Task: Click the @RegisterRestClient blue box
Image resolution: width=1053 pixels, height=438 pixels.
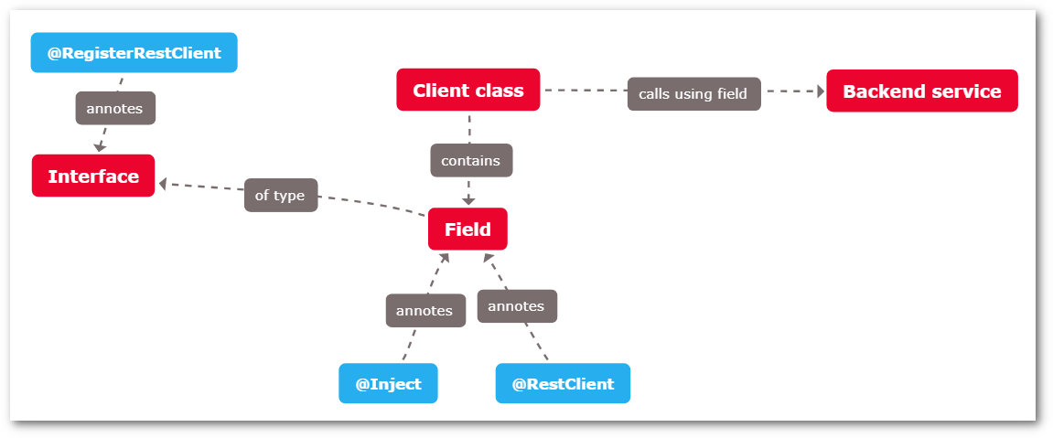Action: pyautogui.click(x=134, y=53)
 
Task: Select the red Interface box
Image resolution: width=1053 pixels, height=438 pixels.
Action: pyautogui.click(x=93, y=176)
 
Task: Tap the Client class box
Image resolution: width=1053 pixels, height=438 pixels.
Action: pyautogui.click(x=467, y=90)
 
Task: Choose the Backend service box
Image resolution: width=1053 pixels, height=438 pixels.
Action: pyautogui.click(x=921, y=91)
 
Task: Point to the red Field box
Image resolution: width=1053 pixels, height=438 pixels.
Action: pyautogui.click(x=467, y=229)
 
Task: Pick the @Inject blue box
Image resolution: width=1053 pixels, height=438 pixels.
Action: pyautogui.click(x=388, y=383)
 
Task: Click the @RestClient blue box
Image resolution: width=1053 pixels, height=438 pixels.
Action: pyautogui.click(x=563, y=383)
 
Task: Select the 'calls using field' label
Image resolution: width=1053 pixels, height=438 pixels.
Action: pyautogui.click(x=693, y=93)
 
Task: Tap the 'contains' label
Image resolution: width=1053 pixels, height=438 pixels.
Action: pyautogui.click(x=471, y=160)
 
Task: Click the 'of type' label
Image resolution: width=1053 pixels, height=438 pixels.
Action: pyautogui.click(x=280, y=195)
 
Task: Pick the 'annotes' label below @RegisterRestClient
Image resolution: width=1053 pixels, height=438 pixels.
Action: pyautogui.click(x=114, y=108)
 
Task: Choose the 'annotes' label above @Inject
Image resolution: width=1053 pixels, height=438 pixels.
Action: pyautogui.click(x=424, y=310)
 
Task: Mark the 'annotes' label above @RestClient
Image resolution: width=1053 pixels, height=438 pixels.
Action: pyautogui.click(x=517, y=305)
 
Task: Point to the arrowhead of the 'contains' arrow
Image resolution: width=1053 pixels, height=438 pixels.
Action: pyautogui.click(x=468, y=199)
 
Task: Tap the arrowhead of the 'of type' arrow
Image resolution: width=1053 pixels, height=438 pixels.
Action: pyautogui.click(x=164, y=184)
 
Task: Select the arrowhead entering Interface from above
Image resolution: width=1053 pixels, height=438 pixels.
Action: pyautogui.click(x=99, y=146)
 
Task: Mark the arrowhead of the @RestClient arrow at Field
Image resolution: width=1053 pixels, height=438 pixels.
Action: pyautogui.click(x=489, y=259)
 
